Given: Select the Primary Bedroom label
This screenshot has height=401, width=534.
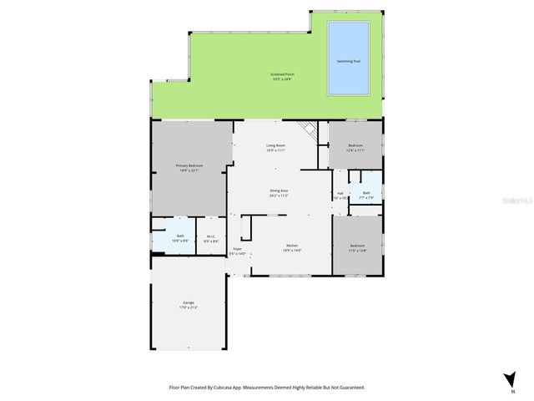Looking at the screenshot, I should (189, 168).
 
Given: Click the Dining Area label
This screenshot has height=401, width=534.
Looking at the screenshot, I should (279, 193).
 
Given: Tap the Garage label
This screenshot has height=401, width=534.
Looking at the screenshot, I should (189, 305).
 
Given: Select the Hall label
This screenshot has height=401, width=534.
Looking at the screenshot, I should (340, 195).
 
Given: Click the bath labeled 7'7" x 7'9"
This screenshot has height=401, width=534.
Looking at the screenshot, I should (366, 195).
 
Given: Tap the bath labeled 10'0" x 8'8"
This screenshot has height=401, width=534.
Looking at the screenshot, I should (180, 238).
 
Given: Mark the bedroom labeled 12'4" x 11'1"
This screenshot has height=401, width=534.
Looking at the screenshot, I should (355, 148).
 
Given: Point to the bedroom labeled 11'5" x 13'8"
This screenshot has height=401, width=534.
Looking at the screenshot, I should (358, 247).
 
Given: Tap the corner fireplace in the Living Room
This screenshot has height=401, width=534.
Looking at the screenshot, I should (310, 130).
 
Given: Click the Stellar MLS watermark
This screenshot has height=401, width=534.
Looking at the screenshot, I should (516, 200).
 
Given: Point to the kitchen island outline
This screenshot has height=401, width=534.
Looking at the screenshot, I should (247, 227).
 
